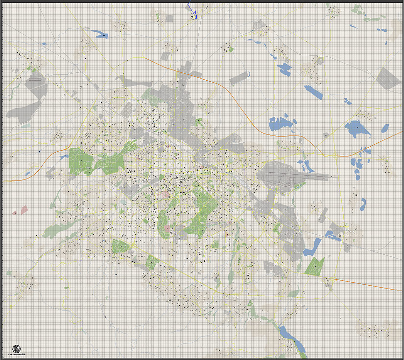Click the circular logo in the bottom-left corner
point(17,349)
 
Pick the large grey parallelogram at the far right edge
point(389,78)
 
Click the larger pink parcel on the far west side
point(24,209)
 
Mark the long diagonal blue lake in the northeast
point(313,92)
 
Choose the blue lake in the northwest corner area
point(101,34)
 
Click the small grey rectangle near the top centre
point(169,19)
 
